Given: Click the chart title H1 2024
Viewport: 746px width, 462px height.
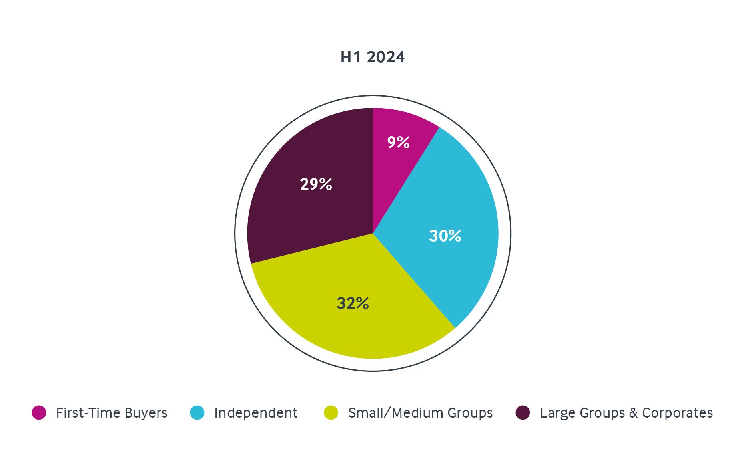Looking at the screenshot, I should [x=372, y=57].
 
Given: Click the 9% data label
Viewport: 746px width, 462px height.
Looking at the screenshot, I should [x=398, y=142].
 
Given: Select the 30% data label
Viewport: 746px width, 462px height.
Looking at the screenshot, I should [x=445, y=236].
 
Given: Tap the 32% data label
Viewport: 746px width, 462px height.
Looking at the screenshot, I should [x=353, y=303].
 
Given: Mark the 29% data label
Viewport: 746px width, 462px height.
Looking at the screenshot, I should [x=316, y=184].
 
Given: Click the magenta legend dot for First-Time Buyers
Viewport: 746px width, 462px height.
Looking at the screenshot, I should [x=39, y=413].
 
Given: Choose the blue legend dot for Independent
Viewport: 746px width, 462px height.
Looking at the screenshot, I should [x=197, y=413].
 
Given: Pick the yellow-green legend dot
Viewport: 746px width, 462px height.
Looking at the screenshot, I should [x=331, y=413].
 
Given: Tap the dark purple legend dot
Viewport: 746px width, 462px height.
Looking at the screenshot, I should [x=523, y=413].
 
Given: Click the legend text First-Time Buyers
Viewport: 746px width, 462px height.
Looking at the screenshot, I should [x=112, y=413].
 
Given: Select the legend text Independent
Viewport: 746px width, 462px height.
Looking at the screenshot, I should [x=256, y=413].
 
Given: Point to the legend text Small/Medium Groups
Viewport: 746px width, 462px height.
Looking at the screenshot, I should [x=420, y=413].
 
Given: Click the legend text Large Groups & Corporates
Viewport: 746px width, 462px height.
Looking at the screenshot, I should [x=626, y=413].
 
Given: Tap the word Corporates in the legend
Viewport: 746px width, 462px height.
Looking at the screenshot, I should [x=677, y=413].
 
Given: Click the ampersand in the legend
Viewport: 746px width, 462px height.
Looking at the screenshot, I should [x=633, y=413].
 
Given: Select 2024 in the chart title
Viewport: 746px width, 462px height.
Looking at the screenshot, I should [x=385, y=57].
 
